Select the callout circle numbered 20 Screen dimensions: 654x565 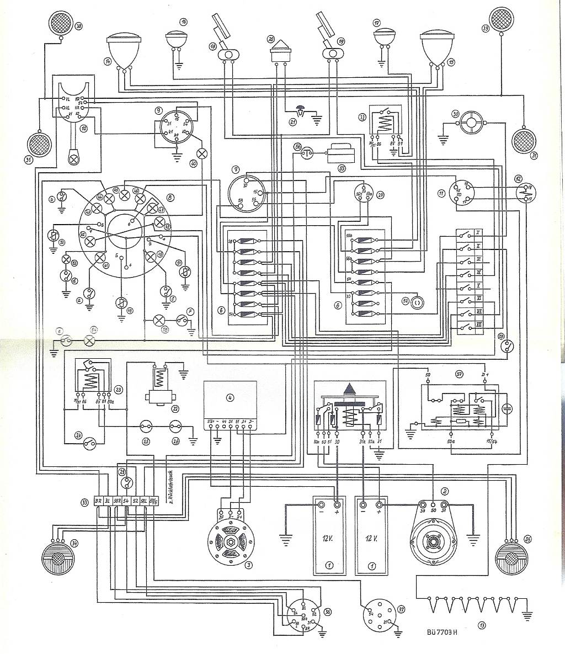[x=270, y=39]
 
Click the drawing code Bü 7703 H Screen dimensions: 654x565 [x=442, y=632]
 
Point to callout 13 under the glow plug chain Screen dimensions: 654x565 [x=482, y=625]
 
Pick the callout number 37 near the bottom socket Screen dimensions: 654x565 [x=401, y=609]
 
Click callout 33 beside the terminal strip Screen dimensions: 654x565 [x=84, y=502]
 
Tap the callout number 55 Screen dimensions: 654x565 [x=342, y=169]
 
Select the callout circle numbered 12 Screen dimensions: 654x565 [x=518, y=178]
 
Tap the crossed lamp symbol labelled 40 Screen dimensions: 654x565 [x=202, y=153]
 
